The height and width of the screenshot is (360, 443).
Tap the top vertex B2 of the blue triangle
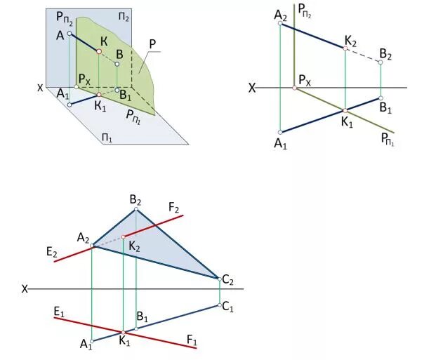[136, 209]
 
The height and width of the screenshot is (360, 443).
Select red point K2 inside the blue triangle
[124, 236]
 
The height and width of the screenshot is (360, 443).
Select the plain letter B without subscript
[120, 54]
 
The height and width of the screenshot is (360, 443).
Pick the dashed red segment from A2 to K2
[108, 241]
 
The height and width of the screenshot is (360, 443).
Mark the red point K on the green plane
[100, 51]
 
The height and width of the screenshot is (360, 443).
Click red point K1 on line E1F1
[124, 332]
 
